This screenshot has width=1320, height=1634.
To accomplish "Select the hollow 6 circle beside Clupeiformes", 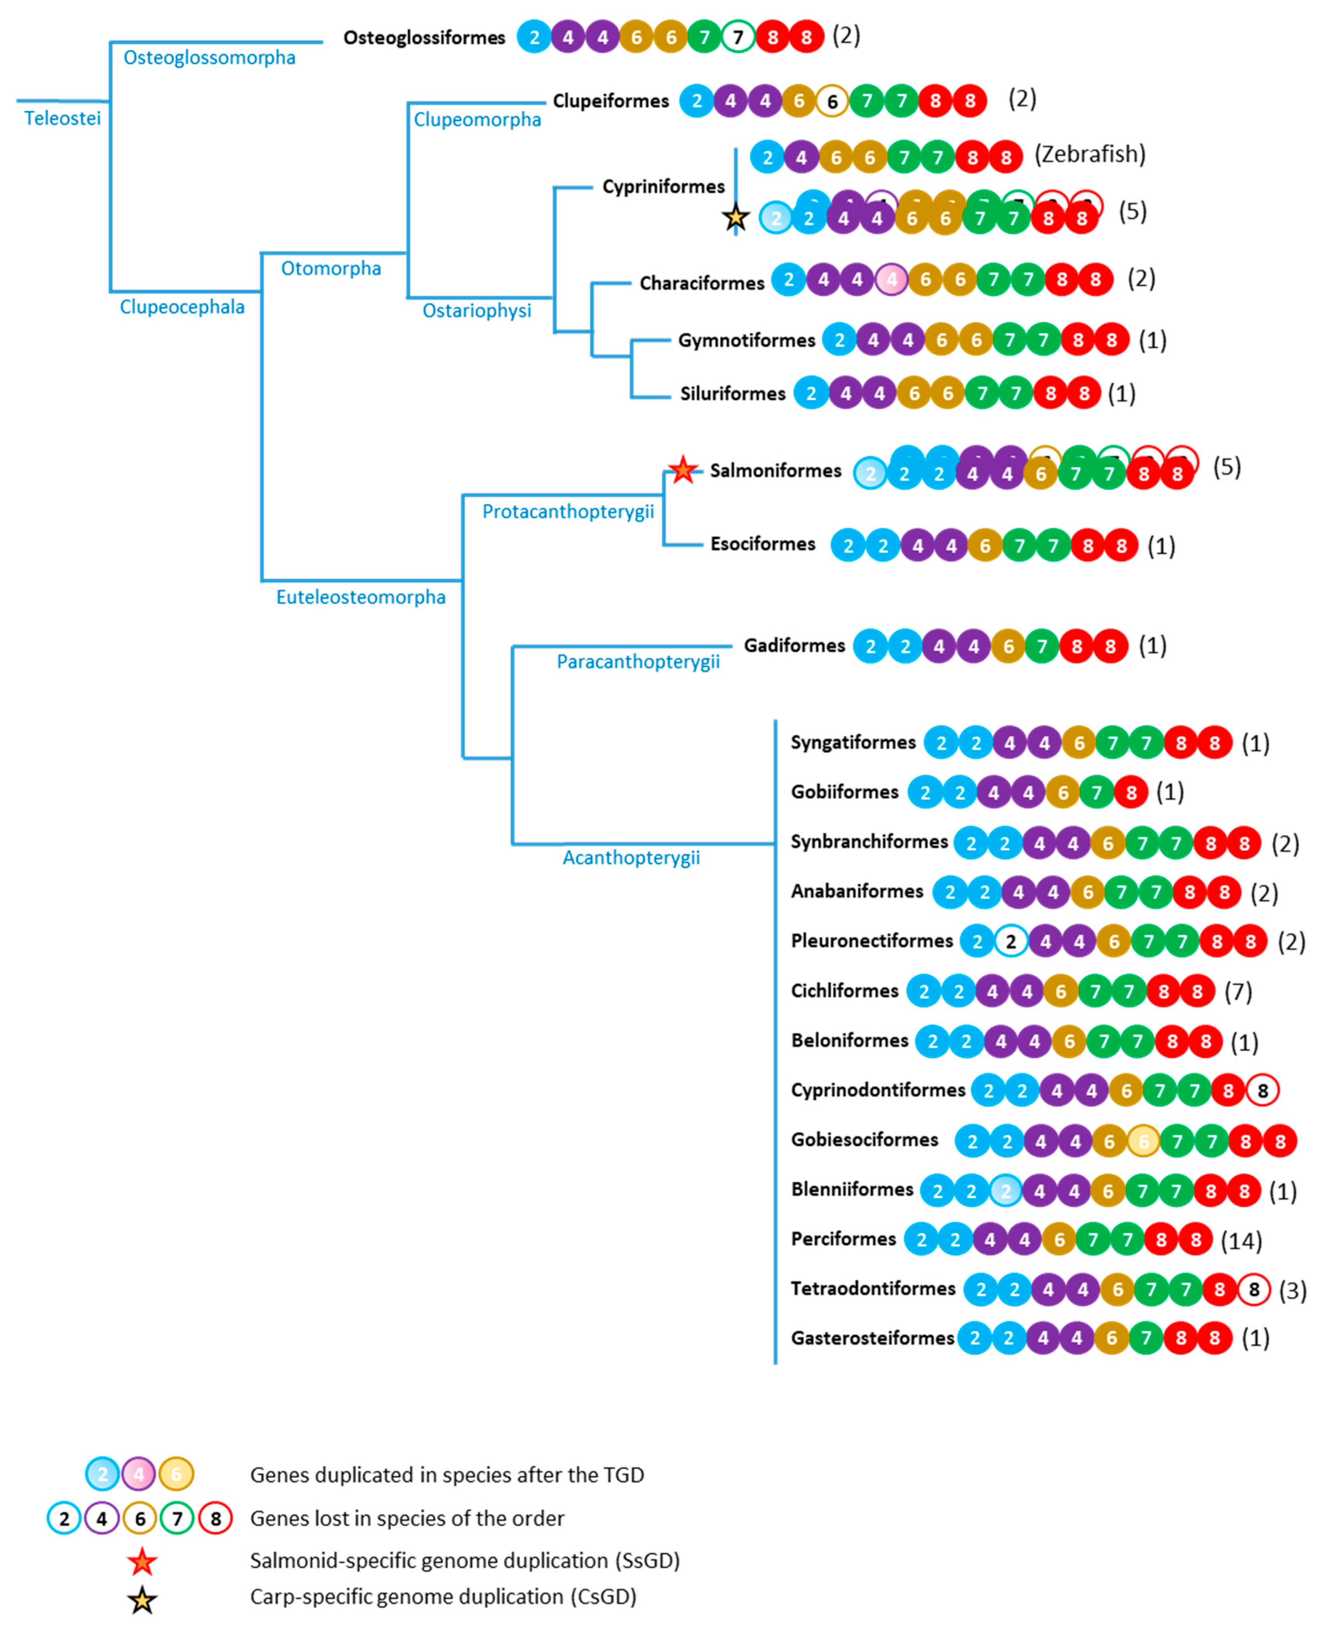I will coord(832,101).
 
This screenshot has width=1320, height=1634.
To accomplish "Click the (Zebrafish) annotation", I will coord(1089,154).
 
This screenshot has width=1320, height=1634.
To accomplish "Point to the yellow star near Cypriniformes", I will coord(735,218).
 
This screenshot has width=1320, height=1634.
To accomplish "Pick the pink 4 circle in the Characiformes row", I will coord(891,280).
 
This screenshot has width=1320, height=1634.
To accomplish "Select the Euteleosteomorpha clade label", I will coord(360,597).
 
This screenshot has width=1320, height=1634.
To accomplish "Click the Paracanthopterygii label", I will coord(638,661).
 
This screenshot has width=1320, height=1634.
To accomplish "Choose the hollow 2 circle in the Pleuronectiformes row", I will coord(1010,941).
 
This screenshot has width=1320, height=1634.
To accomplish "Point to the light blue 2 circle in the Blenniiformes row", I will coord(1005,1191).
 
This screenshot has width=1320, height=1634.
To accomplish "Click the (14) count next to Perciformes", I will coord(1241,1241).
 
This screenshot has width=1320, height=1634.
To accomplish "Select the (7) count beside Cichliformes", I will coord(1238,992).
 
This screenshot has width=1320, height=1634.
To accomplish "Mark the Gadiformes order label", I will coord(794,645).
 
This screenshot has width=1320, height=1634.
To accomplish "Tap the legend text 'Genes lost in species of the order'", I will coord(407,1518).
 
